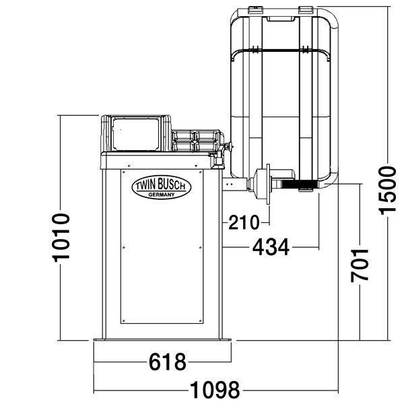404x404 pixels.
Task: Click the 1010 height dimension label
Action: [61, 237]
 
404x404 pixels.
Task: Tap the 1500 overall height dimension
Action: [387, 191]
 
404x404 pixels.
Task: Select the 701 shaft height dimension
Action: [360, 265]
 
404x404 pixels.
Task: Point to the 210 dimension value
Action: [244, 222]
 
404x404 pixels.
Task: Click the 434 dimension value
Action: [271, 247]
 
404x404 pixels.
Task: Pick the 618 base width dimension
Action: [168, 362]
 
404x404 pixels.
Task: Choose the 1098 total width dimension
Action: [215, 390]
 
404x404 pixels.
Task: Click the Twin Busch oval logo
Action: [162, 187]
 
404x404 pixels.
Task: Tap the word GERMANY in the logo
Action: [162, 195]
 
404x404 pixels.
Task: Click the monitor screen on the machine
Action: [135, 134]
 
